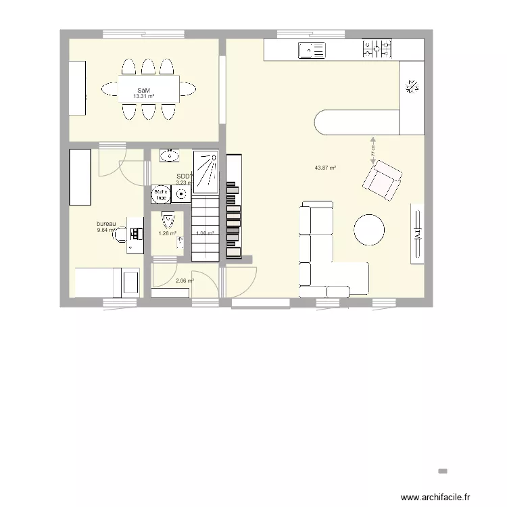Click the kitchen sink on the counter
pos(312,49)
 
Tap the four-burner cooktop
pos(377,49)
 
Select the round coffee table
pos(369,230)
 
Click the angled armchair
pos(382,180)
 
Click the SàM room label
pos(143,91)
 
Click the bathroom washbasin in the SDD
pos(169,156)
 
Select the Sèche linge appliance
pos(160,195)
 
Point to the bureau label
pos(107,224)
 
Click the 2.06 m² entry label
pos(185,281)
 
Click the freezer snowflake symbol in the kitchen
pos(411,86)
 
